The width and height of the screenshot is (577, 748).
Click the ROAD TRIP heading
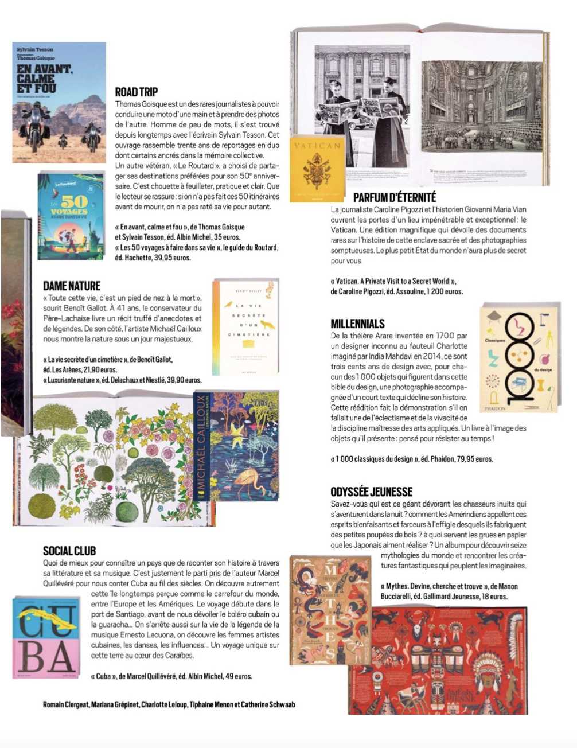pos(136,92)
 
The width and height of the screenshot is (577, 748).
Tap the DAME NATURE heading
pos(72,286)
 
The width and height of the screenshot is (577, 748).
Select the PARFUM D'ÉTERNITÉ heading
pos(395,197)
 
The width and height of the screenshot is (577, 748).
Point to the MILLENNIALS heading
pos(357,324)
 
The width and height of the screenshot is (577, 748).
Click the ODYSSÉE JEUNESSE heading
pos(371,492)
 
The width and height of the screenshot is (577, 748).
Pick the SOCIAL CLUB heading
pos(69,551)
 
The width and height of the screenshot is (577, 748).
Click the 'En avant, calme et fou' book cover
pos(59,102)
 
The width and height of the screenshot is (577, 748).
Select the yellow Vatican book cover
pos(317,169)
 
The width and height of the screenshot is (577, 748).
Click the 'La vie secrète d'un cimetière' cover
pos(245,328)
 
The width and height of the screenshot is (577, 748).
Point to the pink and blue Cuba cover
pos(46,637)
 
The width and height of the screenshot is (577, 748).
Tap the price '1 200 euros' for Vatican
pos(444,291)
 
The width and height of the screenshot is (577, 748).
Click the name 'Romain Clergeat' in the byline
pos(65,704)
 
